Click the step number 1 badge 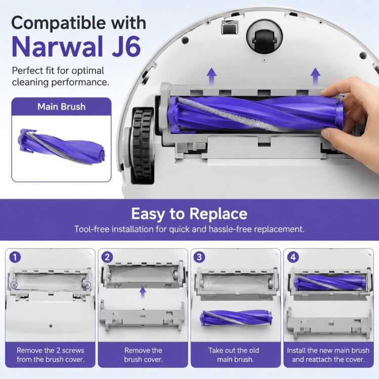click(15, 257)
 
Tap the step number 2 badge click(107, 257)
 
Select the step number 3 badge click(199, 257)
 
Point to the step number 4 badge click(293, 257)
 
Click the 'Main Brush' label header click(61, 107)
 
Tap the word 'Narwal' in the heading click(58, 46)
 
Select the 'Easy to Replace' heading click(189, 214)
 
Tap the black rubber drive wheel click(143, 146)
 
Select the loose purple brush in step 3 click(236, 318)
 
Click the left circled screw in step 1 click(15, 285)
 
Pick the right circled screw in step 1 click(87, 285)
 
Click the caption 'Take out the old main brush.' click(234, 355)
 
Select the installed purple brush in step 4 click(330, 283)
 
